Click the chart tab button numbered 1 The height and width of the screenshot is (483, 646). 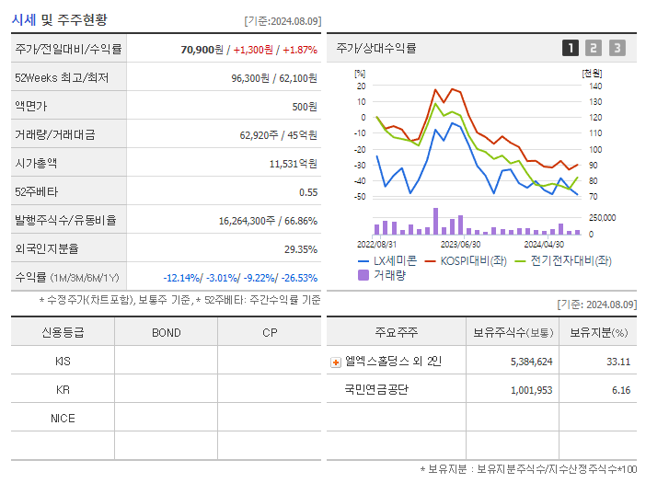coord(571,48)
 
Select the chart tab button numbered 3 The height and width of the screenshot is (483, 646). coord(617,48)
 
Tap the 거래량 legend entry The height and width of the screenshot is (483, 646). coord(388,275)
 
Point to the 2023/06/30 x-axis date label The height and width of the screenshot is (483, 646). coord(460,245)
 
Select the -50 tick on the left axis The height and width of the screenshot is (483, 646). coord(360,197)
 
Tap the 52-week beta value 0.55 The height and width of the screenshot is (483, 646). coord(307,192)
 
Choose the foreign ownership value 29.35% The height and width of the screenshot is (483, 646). coord(300,249)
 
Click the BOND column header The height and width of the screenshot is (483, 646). coord(166,332)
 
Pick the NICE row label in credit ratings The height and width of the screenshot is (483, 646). coord(63,418)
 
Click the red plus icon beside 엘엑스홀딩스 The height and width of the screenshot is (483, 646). coord(336,362)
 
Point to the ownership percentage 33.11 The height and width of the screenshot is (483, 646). coord(617,362)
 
